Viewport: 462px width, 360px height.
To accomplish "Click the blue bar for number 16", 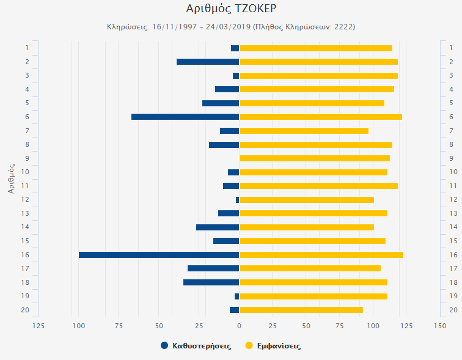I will (159, 255).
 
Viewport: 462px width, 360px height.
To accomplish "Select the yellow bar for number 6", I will (320, 117).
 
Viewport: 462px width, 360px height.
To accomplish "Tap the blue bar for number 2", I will (208, 62).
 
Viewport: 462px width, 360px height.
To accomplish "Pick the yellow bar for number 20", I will (301, 310).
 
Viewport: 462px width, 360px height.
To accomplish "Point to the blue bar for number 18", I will (211, 282).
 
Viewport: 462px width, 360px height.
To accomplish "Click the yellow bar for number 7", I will (304, 131).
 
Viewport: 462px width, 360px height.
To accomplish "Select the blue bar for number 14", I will (218, 227).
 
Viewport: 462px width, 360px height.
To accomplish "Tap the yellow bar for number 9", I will (314, 158).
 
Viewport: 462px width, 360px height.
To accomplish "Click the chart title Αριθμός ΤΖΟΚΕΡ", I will (231, 9).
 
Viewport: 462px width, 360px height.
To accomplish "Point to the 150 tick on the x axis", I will (439, 325).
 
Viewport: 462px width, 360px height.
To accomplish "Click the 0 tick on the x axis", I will (239, 325).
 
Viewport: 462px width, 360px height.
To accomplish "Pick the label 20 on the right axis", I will (452, 310).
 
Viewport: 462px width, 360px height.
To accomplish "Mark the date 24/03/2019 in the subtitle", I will (226, 27).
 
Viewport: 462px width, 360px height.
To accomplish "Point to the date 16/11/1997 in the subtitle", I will (169, 27).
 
